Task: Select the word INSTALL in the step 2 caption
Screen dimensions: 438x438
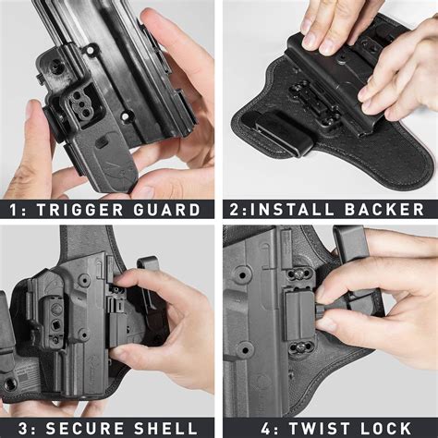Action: click(288, 209)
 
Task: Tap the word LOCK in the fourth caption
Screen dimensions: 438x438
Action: click(383, 428)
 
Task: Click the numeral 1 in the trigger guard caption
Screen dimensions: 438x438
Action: click(13, 209)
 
